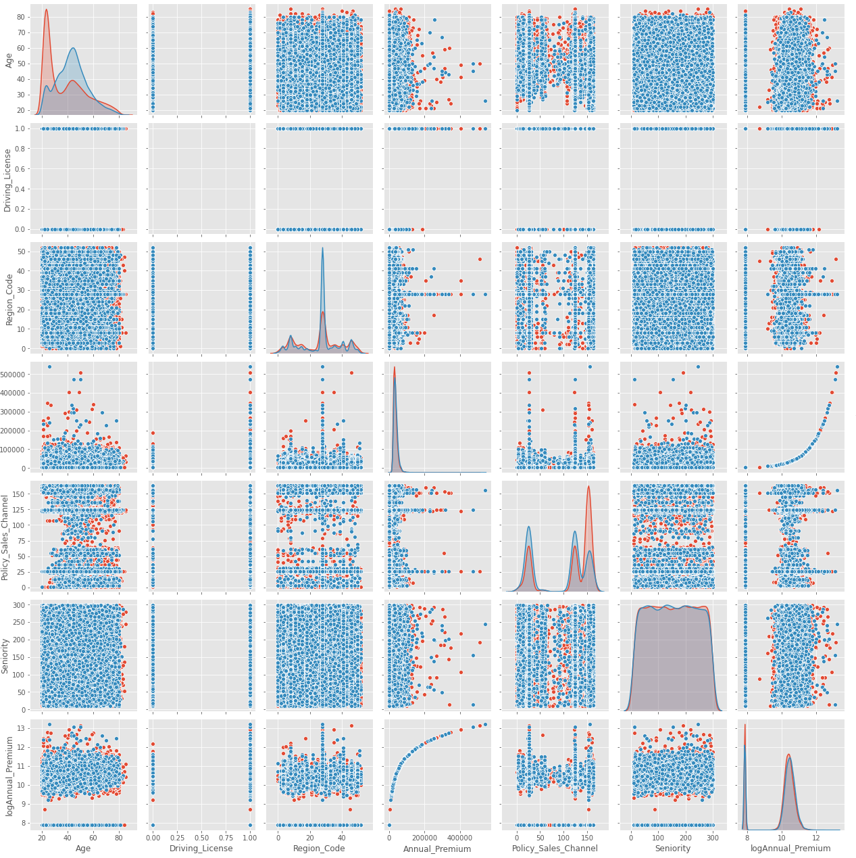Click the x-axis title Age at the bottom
(83, 849)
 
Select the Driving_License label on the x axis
(201, 849)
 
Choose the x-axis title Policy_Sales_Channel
(555, 849)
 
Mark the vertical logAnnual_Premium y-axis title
(9, 776)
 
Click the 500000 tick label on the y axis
(24, 374)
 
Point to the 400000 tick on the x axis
(460, 835)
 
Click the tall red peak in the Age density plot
(46, 9)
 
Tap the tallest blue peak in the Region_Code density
(322, 247)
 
